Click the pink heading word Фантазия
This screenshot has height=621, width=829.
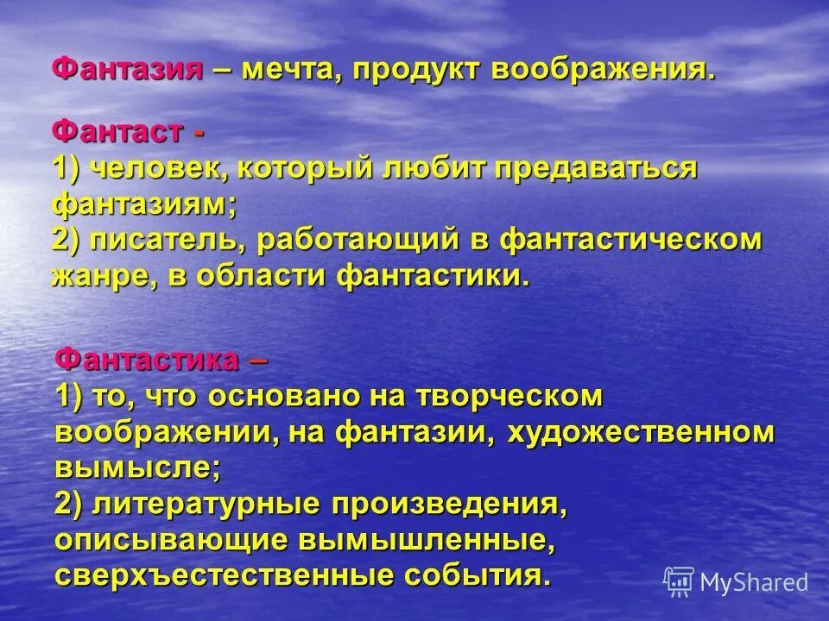(128, 69)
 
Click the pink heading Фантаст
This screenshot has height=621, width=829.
(117, 134)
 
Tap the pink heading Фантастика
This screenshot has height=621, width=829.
(148, 360)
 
